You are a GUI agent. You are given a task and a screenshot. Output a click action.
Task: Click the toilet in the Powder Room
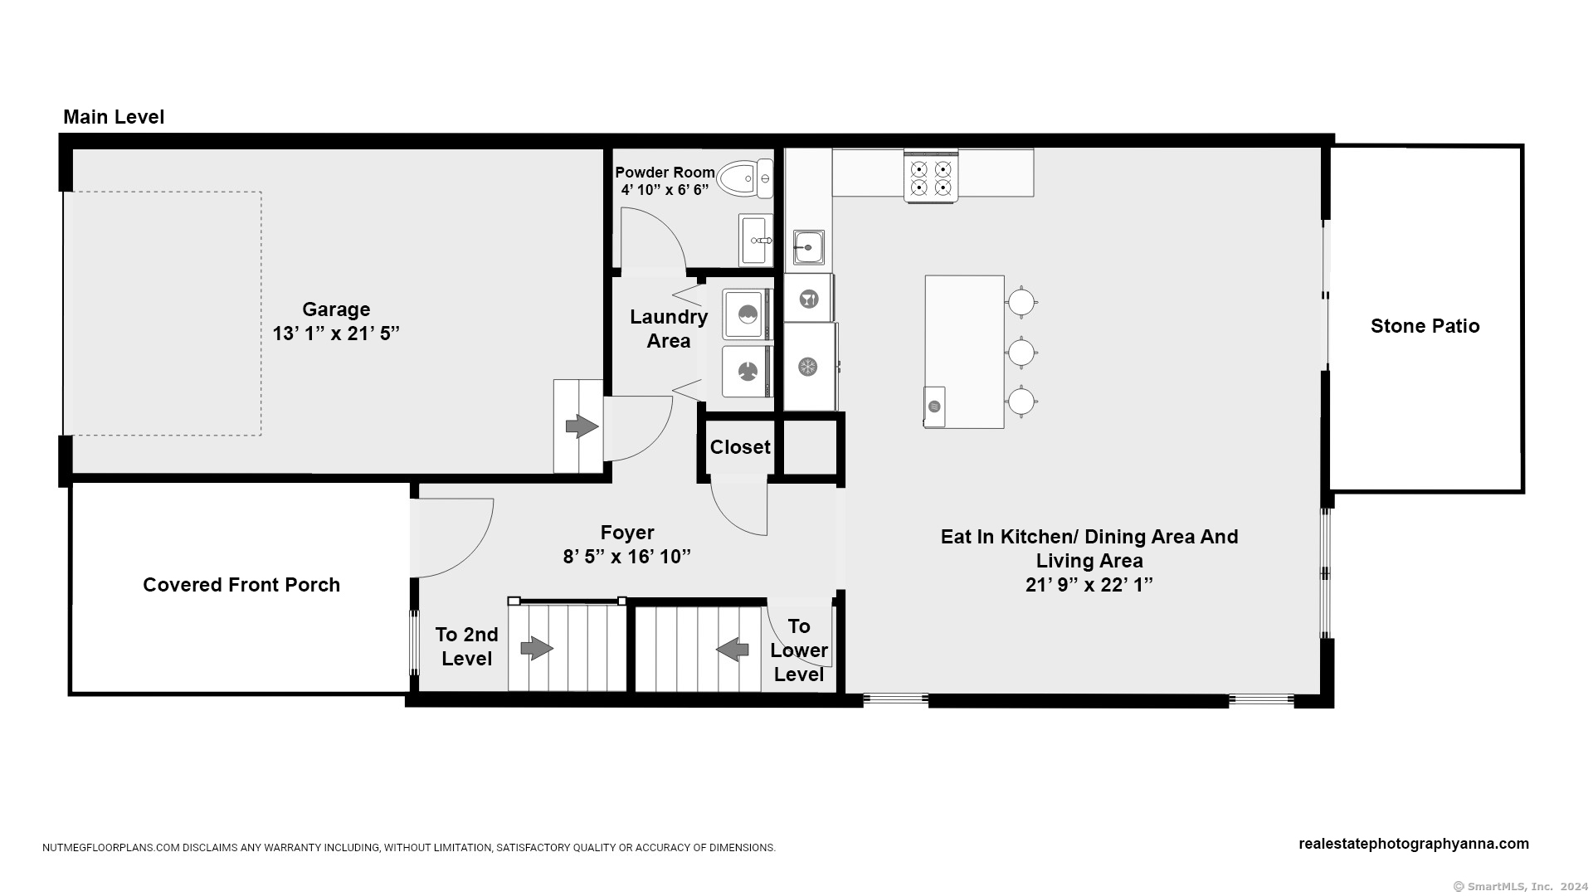[x=744, y=178]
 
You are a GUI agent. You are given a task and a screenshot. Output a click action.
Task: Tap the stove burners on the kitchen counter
[x=931, y=177]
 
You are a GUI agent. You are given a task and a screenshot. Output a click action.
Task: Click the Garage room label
[x=336, y=309]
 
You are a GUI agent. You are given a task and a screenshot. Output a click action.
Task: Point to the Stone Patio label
[x=1425, y=326]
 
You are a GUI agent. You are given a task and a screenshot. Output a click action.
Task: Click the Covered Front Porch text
[x=241, y=585]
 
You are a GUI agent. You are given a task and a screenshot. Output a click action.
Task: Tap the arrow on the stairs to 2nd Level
[x=537, y=648]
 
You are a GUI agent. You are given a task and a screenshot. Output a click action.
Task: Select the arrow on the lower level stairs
[x=732, y=649]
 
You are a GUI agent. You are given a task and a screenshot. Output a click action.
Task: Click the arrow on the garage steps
[x=582, y=426]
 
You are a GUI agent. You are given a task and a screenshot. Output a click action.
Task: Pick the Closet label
[x=740, y=447]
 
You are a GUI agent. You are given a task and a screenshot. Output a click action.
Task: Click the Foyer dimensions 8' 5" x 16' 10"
[x=627, y=557]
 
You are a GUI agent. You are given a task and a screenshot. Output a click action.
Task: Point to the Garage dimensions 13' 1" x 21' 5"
[x=336, y=334]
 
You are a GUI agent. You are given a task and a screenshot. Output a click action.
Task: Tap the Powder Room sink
[x=756, y=240]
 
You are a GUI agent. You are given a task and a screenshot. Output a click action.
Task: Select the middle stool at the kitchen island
[x=1021, y=353]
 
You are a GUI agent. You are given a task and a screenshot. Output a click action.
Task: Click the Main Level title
[x=114, y=117]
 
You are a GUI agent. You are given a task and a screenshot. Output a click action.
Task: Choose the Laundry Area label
[x=669, y=329]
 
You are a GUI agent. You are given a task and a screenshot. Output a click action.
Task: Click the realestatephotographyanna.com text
[x=1414, y=844]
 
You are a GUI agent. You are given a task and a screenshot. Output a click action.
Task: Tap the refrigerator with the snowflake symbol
[x=810, y=366]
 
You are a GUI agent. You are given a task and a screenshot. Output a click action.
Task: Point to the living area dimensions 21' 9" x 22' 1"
[x=1089, y=585]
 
